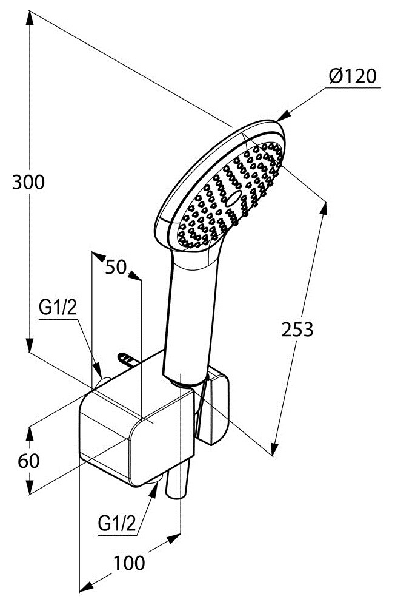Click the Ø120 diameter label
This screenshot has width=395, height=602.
(x=353, y=76)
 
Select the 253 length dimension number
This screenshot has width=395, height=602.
(x=297, y=329)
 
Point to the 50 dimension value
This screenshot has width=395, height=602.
(x=116, y=267)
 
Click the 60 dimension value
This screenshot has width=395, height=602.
(x=28, y=461)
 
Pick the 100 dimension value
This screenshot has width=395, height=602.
(x=129, y=563)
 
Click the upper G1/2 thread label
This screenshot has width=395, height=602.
(x=58, y=307)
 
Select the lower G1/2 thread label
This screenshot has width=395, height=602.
(x=118, y=523)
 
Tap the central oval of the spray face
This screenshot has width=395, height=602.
(x=234, y=197)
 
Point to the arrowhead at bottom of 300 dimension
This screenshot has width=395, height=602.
(x=30, y=345)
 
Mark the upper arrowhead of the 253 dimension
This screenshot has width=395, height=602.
(x=324, y=209)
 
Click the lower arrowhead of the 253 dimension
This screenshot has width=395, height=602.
(x=274, y=448)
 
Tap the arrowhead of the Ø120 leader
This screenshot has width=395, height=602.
(x=283, y=116)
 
